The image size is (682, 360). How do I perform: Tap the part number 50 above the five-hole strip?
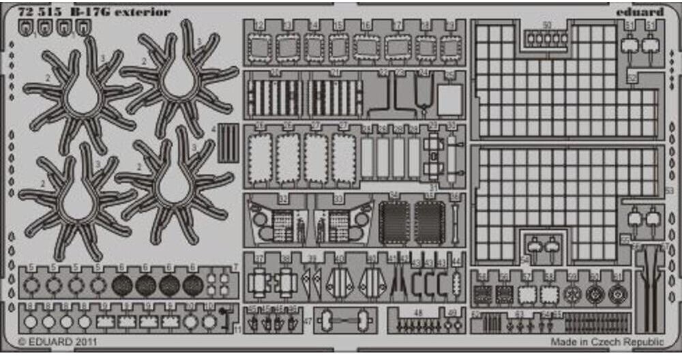[546, 25]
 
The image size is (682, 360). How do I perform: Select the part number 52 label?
[632, 78]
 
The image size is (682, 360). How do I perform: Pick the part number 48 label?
[418, 313]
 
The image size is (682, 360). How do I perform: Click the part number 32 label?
[282, 199]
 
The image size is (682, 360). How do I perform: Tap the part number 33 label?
[338, 199]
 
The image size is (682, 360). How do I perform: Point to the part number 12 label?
[258, 26]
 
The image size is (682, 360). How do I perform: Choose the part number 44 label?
[457, 261]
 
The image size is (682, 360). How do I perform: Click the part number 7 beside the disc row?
[235, 266]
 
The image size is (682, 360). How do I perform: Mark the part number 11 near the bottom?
[237, 330]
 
